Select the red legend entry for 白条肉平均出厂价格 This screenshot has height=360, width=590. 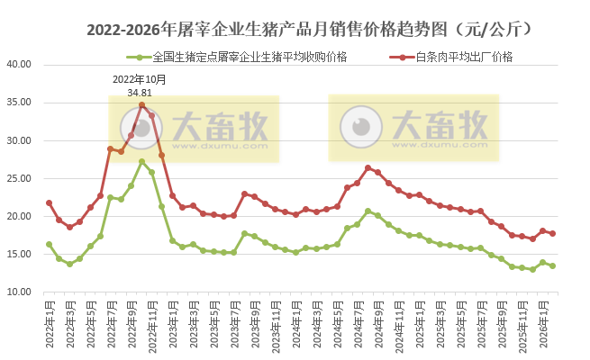(464, 57)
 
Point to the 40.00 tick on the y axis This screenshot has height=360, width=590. (19, 65)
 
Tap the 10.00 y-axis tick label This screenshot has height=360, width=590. (19, 292)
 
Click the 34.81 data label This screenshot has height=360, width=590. (140, 93)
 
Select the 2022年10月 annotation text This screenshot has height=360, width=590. (140, 80)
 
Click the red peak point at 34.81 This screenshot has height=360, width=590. (141, 104)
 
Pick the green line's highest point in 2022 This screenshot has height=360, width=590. (141, 162)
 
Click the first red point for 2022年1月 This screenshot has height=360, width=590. (49, 202)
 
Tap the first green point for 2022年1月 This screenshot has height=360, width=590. (49, 244)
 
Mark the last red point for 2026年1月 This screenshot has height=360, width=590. (542, 230)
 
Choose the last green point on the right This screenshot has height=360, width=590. (552, 265)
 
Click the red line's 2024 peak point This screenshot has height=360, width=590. (368, 167)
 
